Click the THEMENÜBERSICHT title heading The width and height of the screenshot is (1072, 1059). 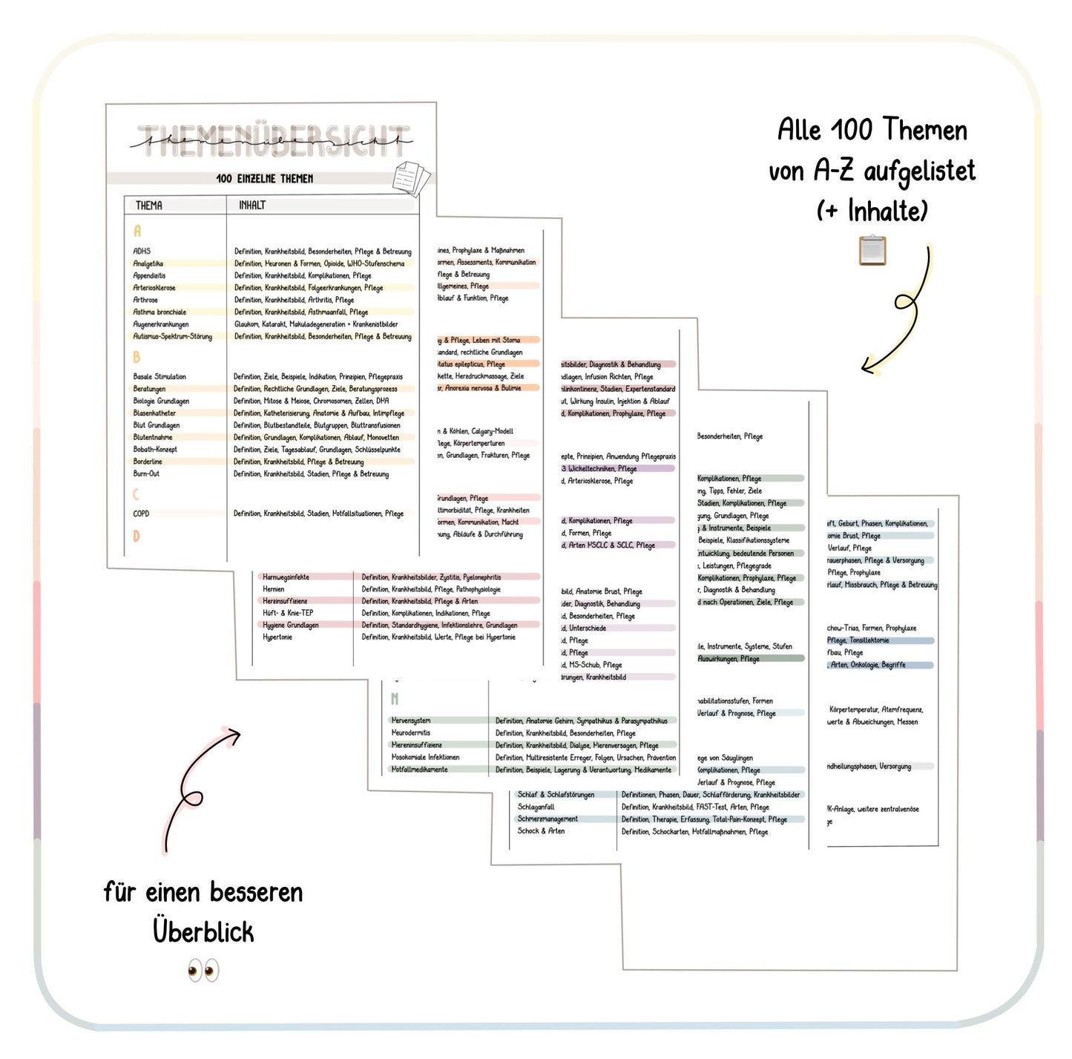coord(274,141)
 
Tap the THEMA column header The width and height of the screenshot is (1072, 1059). coord(148,206)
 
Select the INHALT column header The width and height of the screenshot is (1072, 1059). coord(252,206)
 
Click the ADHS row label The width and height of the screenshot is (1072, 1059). coord(142,252)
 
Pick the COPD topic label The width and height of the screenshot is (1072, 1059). coord(141,514)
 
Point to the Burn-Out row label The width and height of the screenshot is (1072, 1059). coord(146,473)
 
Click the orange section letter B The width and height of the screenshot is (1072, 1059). coord(137,358)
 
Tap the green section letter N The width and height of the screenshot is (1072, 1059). coord(395,699)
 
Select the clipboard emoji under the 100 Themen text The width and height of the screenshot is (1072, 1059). coord(872,250)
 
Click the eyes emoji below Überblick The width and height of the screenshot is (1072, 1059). coord(203,970)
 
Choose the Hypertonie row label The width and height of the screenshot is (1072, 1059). coord(277,637)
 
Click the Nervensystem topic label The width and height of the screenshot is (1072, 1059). coord(411,721)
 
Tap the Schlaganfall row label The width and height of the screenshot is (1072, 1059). coord(536,807)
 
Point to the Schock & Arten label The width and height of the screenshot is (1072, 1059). coord(541,831)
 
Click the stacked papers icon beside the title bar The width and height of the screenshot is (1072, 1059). coord(412,179)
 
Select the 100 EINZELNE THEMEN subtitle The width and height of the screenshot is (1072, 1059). coord(264,179)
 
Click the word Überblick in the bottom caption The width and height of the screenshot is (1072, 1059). coord(203,932)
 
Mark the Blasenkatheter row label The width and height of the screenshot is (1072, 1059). coord(154,413)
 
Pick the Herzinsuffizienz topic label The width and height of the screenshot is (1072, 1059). coord(285,601)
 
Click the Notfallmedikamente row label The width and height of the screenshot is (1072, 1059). coord(419,770)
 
